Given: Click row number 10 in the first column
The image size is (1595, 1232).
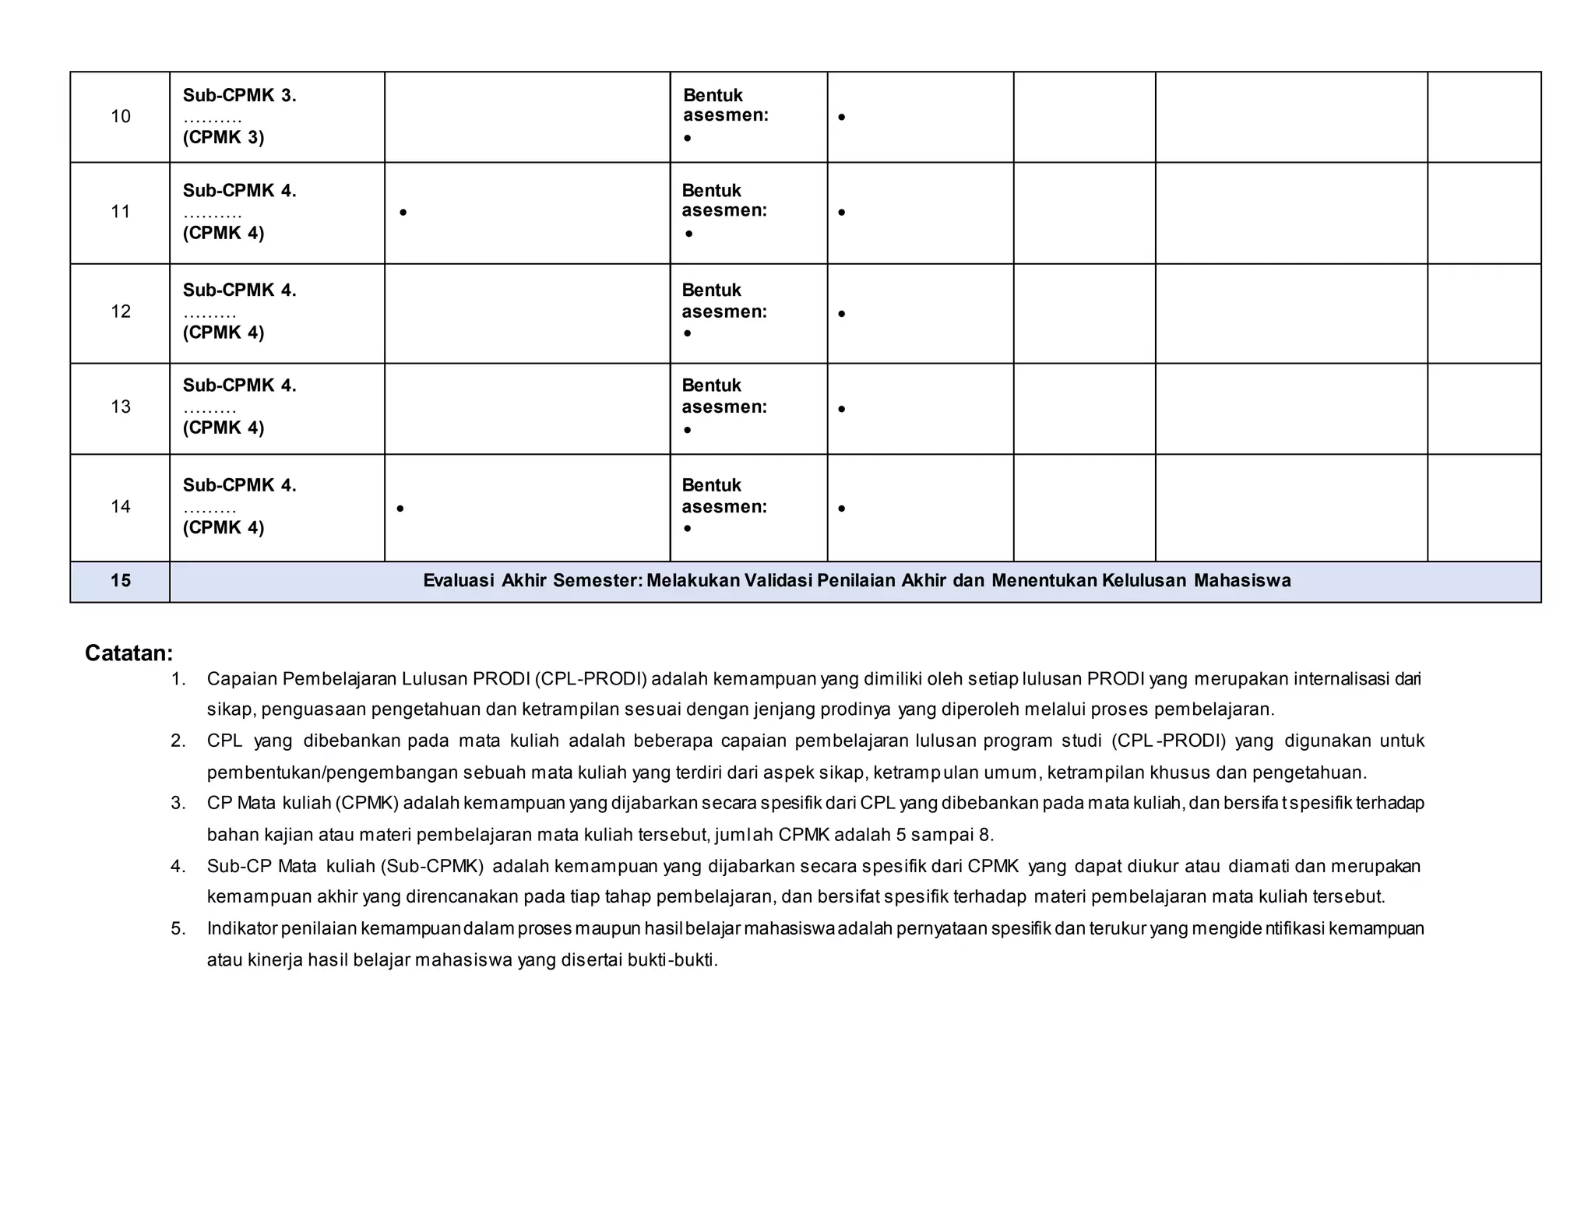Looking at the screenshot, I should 120,117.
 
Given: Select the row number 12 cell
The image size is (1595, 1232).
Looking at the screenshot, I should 120,312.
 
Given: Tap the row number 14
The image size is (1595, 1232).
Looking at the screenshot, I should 120,507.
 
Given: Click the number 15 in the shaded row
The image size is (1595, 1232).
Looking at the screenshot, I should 120,581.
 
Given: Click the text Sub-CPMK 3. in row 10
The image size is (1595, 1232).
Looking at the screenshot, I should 239,96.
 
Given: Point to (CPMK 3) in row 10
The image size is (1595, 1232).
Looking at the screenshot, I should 224,138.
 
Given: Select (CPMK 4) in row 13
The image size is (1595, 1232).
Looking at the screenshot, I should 224,428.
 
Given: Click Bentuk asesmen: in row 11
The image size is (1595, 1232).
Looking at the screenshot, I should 724,201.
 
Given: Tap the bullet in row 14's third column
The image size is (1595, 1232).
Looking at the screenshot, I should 400,509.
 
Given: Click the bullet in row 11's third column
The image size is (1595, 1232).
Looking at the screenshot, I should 403,212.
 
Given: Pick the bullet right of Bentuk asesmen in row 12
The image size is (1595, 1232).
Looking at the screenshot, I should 841,314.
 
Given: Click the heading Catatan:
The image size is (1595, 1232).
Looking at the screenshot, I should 129,653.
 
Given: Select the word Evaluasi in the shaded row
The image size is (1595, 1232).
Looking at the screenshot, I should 459,581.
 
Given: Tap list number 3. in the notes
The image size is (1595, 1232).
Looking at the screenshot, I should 178,803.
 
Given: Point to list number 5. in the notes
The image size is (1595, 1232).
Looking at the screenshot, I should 178,928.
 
